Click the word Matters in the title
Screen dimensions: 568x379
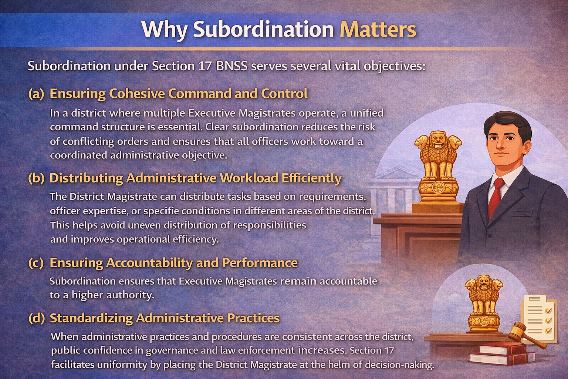[378, 30]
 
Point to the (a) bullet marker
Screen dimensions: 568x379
[36, 94]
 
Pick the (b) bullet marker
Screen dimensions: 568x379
[36, 178]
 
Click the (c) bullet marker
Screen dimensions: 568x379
[36, 263]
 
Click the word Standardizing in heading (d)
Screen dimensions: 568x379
[91, 318]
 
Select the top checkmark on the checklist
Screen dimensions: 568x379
[548, 311]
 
